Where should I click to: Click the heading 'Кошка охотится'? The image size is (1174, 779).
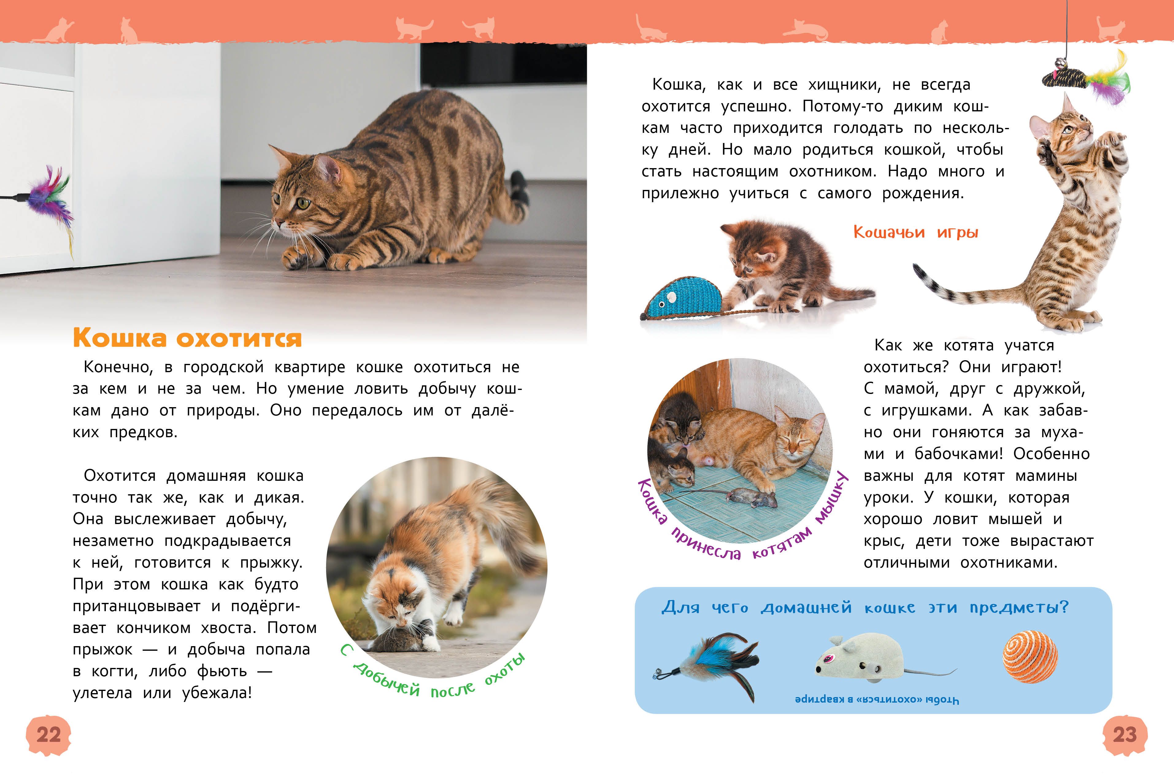(187, 338)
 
